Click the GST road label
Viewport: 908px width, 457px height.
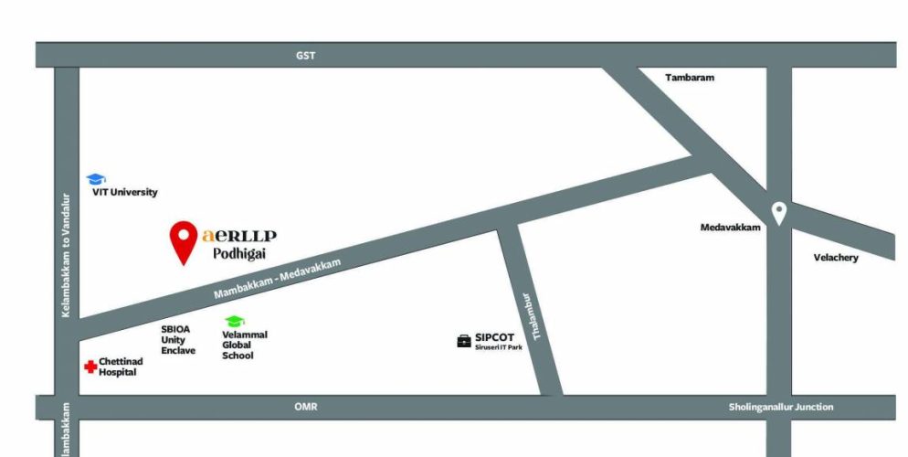pos(305,56)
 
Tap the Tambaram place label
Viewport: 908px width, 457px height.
pos(689,78)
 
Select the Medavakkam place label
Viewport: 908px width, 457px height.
pos(730,228)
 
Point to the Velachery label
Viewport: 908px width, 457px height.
pos(836,258)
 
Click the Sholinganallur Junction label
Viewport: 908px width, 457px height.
pos(781,407)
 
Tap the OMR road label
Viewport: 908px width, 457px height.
pos(305,407)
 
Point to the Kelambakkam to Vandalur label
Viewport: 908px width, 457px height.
pos(66,255)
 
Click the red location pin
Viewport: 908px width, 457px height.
pos(185,239)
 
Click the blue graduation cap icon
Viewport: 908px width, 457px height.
pos(96,179)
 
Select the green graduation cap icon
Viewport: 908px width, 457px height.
pos(235,322)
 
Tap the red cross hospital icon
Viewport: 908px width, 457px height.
pos(90,367)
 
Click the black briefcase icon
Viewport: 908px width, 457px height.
pos(464,341)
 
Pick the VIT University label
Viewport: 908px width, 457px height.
pos(124,193)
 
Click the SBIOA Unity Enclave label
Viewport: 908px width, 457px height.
pos(178,339)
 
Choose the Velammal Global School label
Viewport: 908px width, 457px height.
pos(244,345)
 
